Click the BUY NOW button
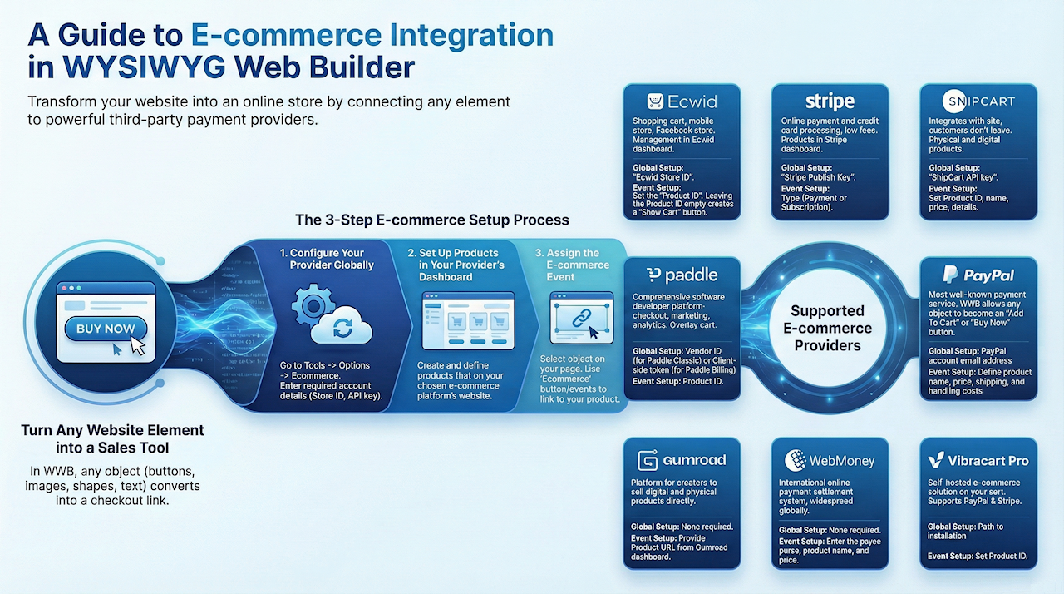(106, 329)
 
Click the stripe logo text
(830, 101)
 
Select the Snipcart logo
(978, 101)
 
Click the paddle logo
(681, 275)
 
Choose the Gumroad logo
(681, 460)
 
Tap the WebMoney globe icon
(795, 460)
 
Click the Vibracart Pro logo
(978, 460)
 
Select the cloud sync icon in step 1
(342, 327)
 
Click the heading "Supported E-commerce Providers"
(827, 328)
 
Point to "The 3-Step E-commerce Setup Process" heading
(432, 220)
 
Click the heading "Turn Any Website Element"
(112, 430)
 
